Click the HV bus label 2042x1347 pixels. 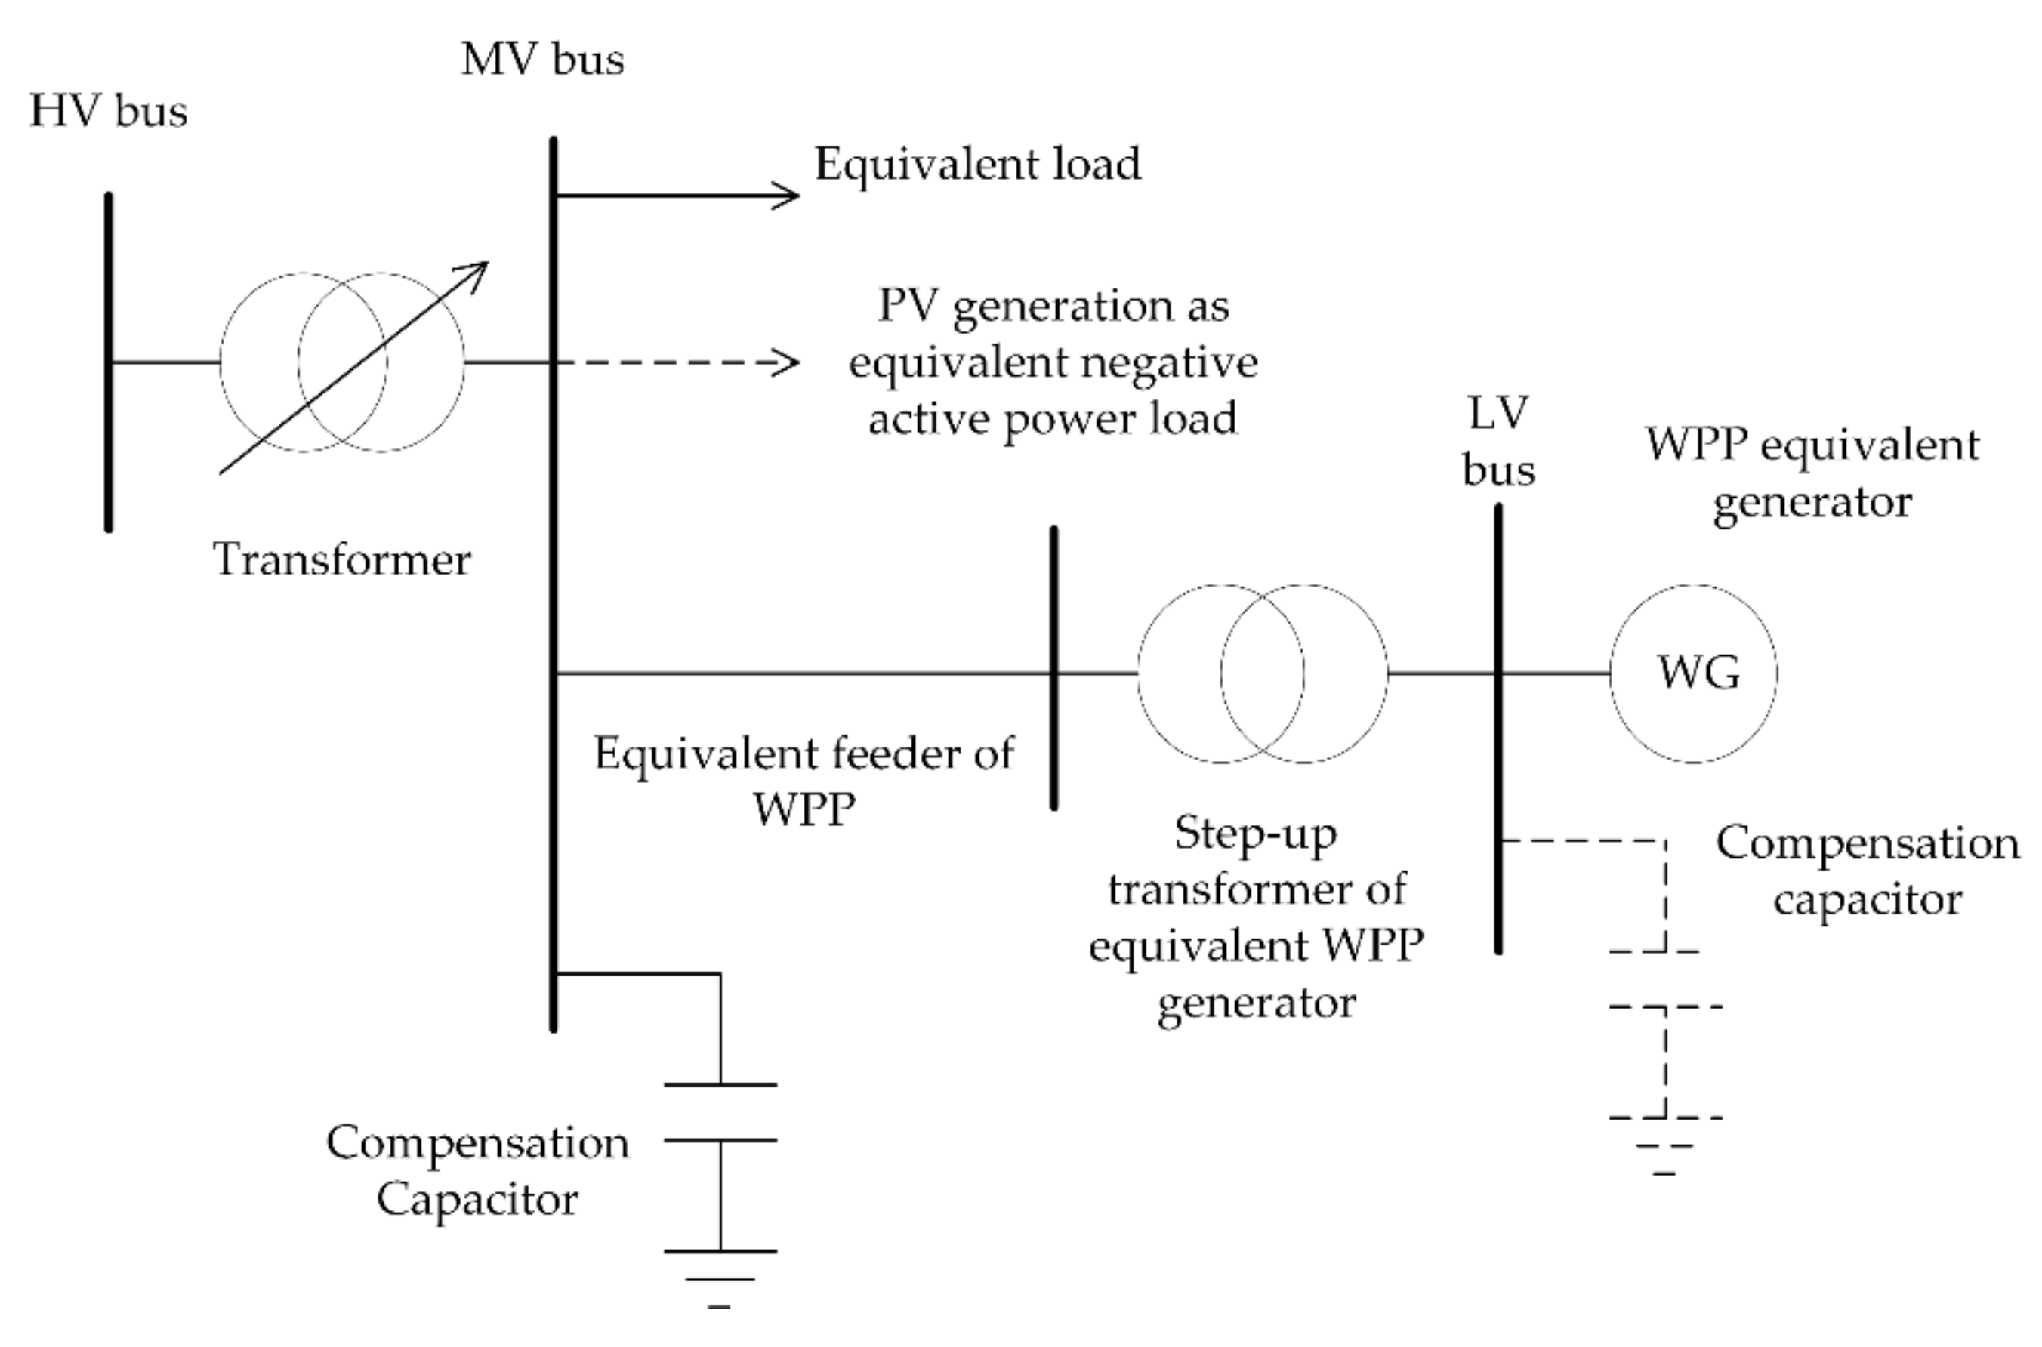[108, 111]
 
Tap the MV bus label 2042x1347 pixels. [542, 60]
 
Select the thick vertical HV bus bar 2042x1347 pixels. [108, 361]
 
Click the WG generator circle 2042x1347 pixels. [1693, 673]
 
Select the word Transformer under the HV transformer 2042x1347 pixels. [341, 560]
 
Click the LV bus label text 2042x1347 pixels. [1498, 442]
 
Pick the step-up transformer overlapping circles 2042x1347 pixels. [1262, 673]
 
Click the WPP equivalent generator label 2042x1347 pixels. [1812, 473]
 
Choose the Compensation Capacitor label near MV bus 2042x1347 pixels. [477, 1170]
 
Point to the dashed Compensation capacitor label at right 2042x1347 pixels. [1867, 871]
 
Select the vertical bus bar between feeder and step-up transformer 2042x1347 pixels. [1054, 668]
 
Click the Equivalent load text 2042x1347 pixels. [978, 163]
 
